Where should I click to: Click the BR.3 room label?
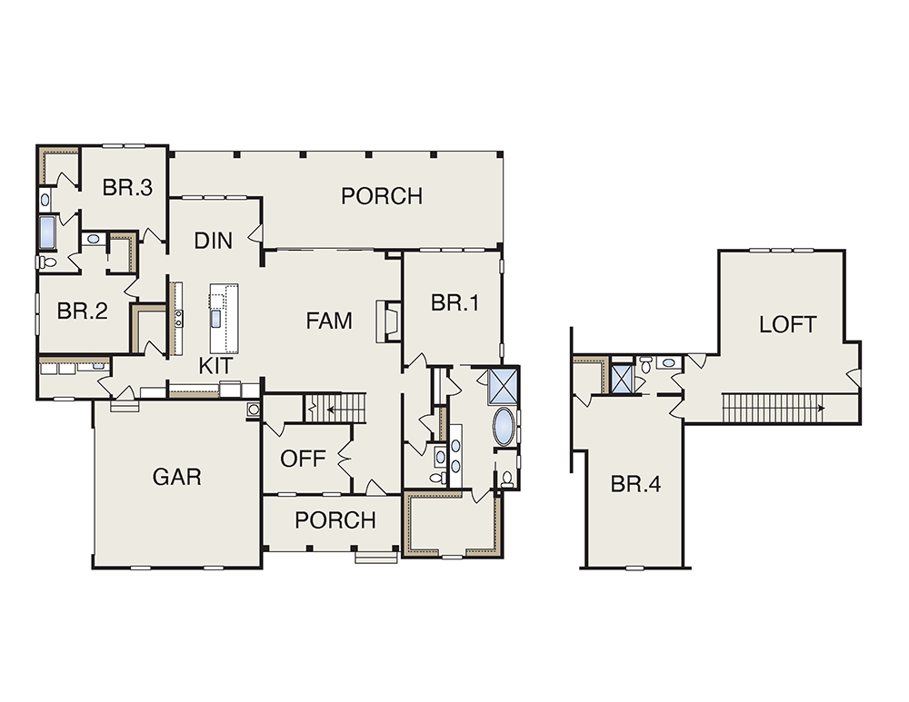pos(127,188)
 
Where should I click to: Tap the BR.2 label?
pos(83,311)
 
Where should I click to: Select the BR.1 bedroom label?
pos(455,302)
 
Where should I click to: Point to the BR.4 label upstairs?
pos(636,484)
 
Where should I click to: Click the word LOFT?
pos(788,324)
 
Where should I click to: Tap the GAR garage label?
pos(177,477)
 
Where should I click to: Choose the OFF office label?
pos(303,459)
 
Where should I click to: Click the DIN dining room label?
pos(214,241)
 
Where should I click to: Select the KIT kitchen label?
pos(215,366)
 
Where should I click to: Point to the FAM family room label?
pos(329,321)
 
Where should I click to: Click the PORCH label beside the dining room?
pos(382,196)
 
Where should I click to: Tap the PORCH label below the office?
pos(335,520)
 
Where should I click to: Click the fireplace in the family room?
pos(388,321)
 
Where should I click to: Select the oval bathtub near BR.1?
pos(504,427)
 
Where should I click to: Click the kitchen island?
pos(224,318)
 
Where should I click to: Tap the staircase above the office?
pos(335,409)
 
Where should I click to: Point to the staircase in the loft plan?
pos(772,408)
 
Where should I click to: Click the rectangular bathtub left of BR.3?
pos(46,232)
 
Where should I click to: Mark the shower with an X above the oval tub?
pos(502,385)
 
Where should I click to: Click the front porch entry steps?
pos(376,558)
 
